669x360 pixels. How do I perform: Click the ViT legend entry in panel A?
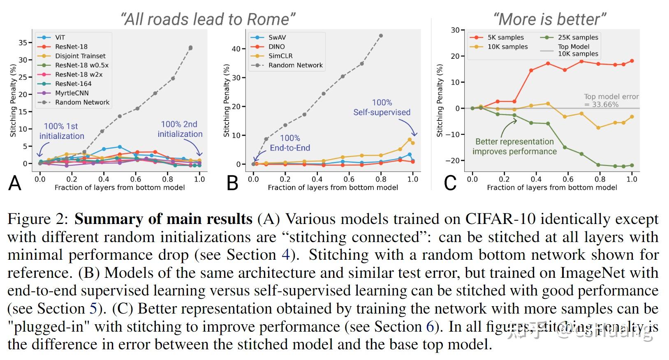(x=60, y=37)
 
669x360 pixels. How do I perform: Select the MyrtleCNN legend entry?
(x=72, y=93)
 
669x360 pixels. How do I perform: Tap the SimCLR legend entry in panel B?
(x=280, y=56)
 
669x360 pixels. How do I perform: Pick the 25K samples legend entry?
(x=578, y=37)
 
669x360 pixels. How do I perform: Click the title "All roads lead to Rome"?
(x=208, y=19)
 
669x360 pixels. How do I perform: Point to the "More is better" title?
(x=549, y=19)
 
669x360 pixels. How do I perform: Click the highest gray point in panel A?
(x=190, y=48)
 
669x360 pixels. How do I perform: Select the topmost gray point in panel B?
(x=381, y=36)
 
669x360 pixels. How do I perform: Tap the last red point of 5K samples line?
(x=632, y=61)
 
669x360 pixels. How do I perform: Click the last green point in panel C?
(x=632, y=166)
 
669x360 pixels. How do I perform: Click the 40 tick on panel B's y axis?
(x=236, y=49)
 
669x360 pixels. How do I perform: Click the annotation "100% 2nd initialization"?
(x=180, y=129)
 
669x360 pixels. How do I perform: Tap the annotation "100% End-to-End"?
(x=290, y=143)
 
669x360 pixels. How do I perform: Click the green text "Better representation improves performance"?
(x=514, y=146)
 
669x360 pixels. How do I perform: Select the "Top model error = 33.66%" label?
(x=611, y=101)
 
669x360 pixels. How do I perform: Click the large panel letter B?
(x=232, y=183)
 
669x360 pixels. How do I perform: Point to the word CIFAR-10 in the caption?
(x=500, y=219)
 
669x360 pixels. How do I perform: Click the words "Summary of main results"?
(x=163, y=219)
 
